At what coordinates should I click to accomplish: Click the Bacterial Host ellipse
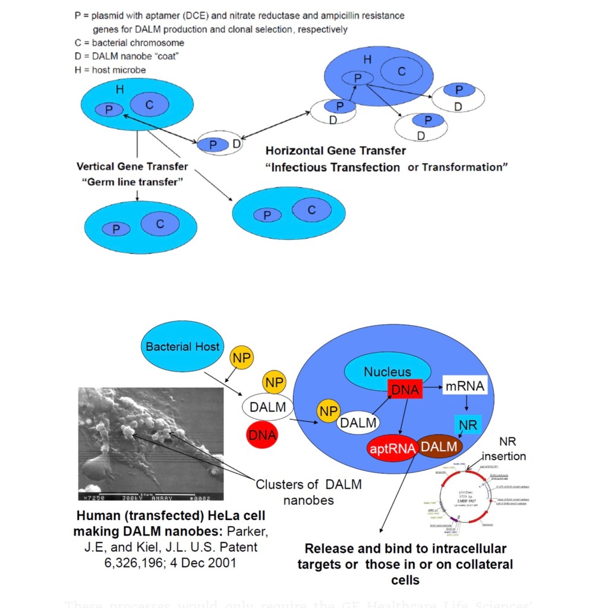182,347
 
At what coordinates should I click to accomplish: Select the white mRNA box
465,387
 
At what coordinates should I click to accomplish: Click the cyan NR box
468,425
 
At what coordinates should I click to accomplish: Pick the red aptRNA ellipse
392,449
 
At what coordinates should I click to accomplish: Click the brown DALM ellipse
440,446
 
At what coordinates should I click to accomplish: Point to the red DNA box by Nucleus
404,389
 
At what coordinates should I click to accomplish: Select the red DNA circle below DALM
263,435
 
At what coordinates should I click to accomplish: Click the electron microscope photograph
151,444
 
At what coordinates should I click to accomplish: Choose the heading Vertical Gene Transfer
132,166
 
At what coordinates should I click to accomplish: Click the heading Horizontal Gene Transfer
336,151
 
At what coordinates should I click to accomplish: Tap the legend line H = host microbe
110,69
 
